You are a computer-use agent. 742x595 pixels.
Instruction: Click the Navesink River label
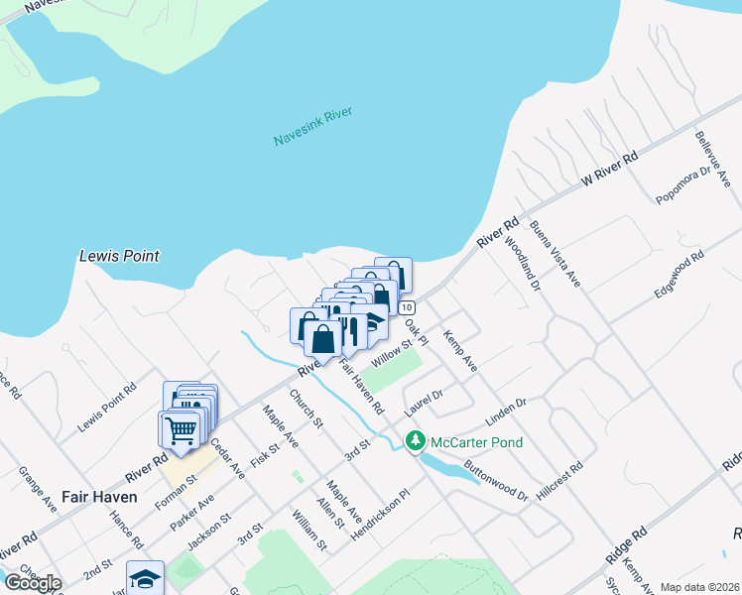[x=313, y=128]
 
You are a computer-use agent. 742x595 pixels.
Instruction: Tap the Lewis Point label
[x=119, y=256]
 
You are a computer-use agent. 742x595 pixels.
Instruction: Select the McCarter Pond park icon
[x=415, y=441]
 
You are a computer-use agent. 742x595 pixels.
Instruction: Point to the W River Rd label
[x=608, y=169]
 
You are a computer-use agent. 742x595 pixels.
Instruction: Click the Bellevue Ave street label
[x=712, y=158]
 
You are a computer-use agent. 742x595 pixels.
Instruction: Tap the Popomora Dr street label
[x=685, y=184]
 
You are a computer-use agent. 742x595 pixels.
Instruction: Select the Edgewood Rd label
[x=679, y=274]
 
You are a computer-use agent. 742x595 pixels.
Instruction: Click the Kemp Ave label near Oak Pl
[x=460, y=351]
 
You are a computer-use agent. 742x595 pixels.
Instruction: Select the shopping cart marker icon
[x=180, y=430]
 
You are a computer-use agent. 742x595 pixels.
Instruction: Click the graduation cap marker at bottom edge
[x=145, y=578]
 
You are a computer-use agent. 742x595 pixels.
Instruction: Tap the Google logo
[x=33, y=582]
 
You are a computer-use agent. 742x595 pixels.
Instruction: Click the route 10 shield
[x=408, y=307]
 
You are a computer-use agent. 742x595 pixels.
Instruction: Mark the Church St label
[x=307, y=409]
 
